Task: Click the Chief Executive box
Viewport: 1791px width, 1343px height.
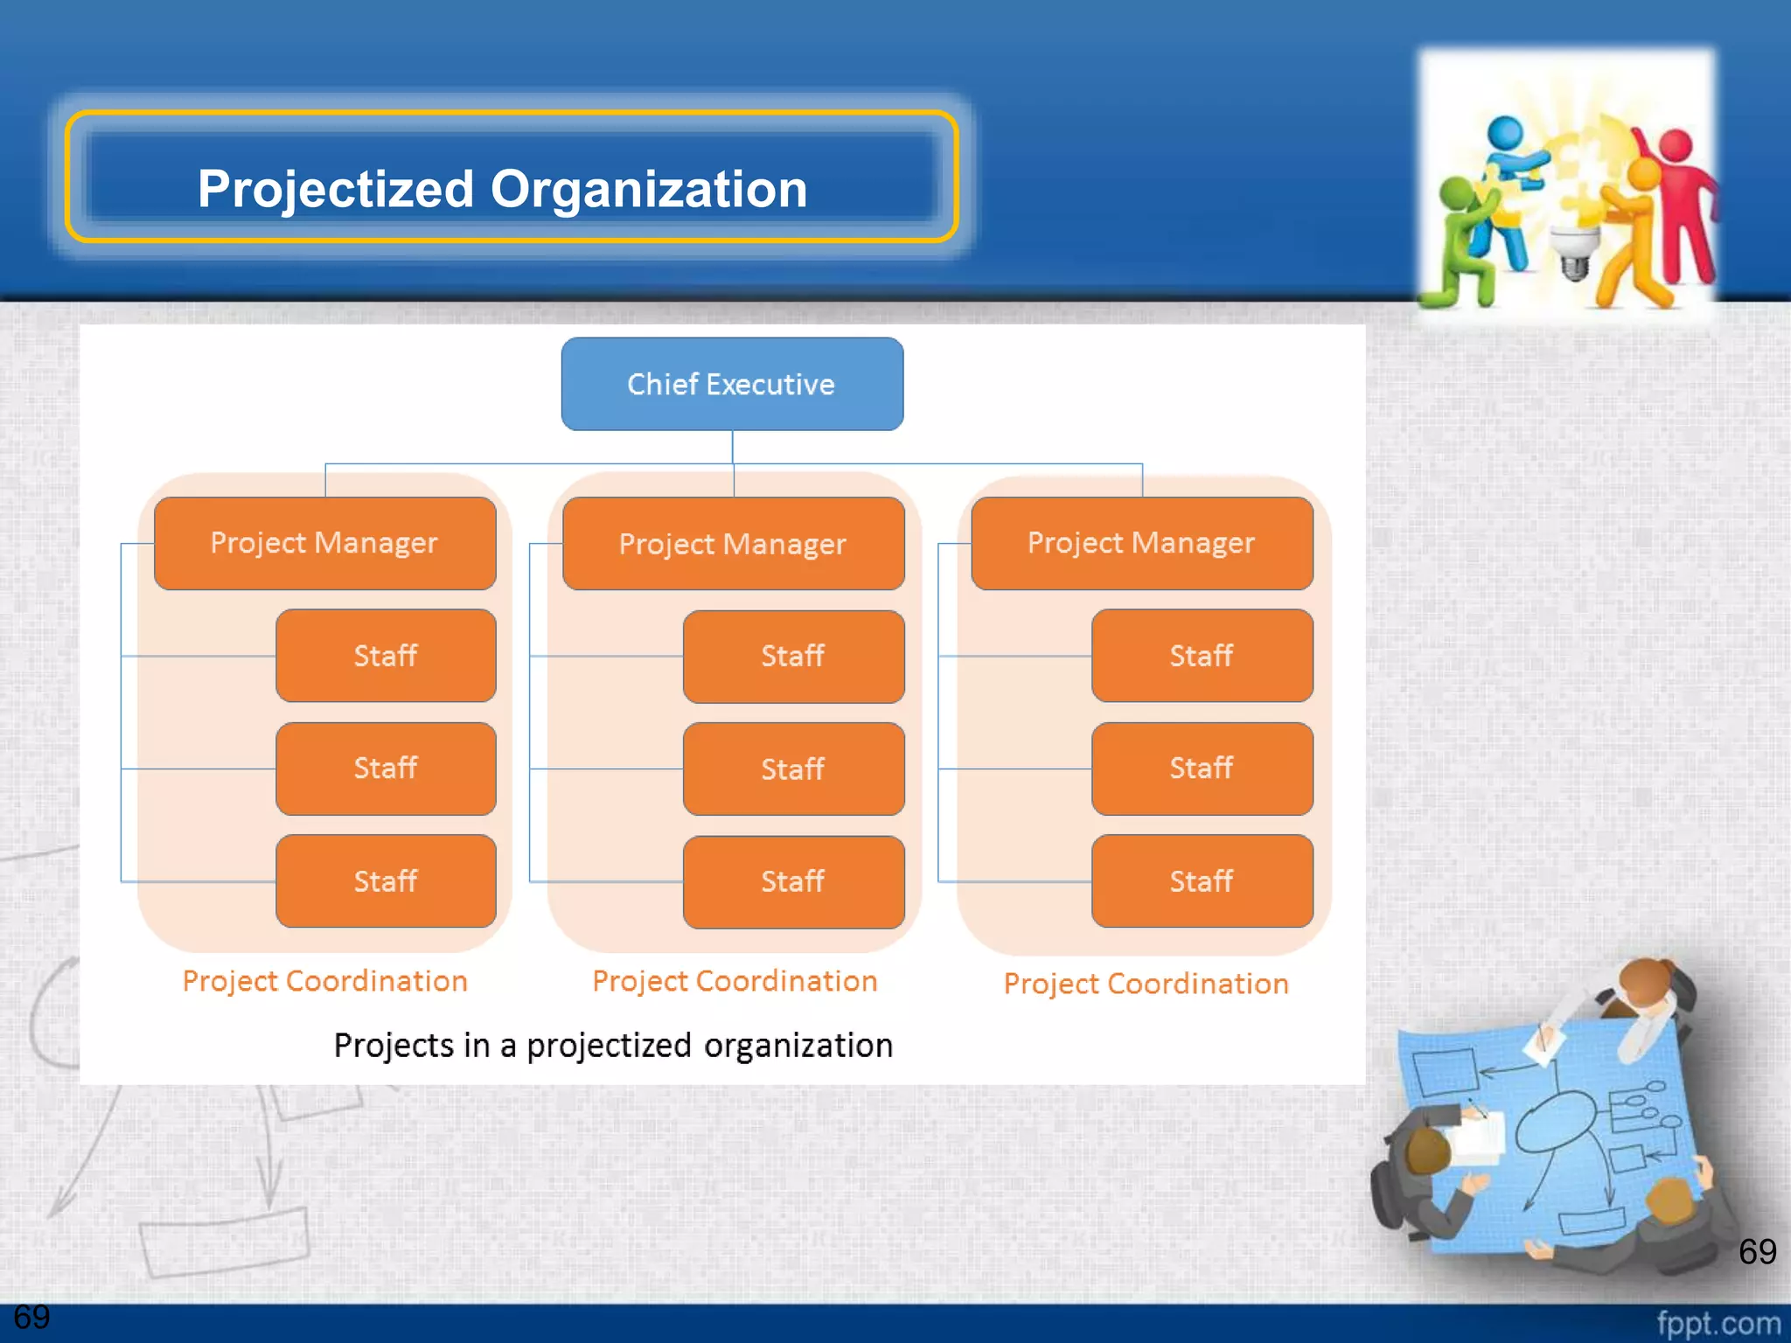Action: click(732, 384)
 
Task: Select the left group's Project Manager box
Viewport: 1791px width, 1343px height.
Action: click(324, 543)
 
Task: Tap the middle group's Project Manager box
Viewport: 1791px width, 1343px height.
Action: click(733, 544)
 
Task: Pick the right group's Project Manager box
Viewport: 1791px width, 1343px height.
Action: click(1141, 543)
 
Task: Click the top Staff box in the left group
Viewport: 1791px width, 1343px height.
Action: click(386, 656)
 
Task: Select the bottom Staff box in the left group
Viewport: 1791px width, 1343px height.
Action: click(386, 880)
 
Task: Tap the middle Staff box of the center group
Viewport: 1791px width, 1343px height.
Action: click(793, 769)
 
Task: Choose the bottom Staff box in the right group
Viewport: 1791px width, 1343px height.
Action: click(1202, 880)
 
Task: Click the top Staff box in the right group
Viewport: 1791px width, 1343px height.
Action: click(1202, 656)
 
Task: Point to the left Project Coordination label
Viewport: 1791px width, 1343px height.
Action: click(324, 981)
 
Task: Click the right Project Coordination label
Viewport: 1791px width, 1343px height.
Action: click(1146, 984)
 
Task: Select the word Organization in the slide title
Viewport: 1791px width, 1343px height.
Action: click(649, 189)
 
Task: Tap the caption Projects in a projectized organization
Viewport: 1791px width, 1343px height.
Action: click(613, 1046)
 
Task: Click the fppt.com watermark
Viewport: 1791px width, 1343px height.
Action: click(1718, 1323)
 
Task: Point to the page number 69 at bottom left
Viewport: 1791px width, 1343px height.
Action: click(31, 1317)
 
